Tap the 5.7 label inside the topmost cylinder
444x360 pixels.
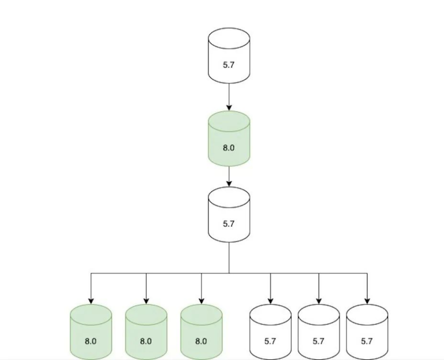pos(228,65)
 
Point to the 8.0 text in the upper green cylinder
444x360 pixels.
pos(228,148)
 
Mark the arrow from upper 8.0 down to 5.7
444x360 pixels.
pos(228,176)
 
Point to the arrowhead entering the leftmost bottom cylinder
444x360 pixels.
pos(90,301)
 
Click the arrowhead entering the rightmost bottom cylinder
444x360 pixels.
pos(366,301)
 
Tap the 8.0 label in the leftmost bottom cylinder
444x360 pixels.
pos(90,341)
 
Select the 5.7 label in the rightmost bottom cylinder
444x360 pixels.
pos(366,341)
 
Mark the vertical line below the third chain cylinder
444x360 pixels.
pos(228,258)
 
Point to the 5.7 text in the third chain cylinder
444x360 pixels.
pos(228,224)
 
